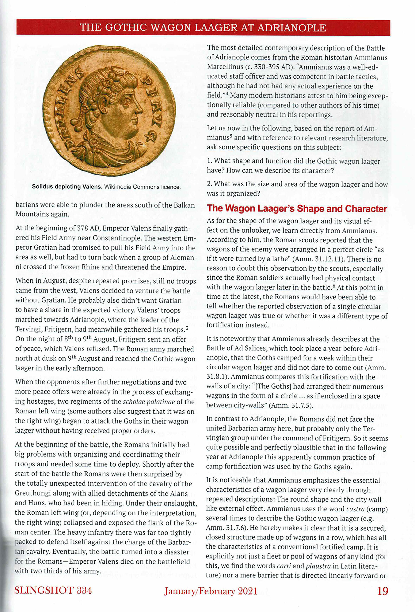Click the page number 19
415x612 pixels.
[x=383, y=591]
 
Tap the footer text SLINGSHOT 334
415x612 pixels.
[x=53, y=590]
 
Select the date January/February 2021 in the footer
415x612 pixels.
[x=210, y=591]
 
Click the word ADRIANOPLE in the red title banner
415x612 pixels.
[x=292, y=28]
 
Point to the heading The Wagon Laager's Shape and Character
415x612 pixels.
[x=297, y=209]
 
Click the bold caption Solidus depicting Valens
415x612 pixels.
[x=67, y=187]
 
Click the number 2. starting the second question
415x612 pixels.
[x=210, y=184]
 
